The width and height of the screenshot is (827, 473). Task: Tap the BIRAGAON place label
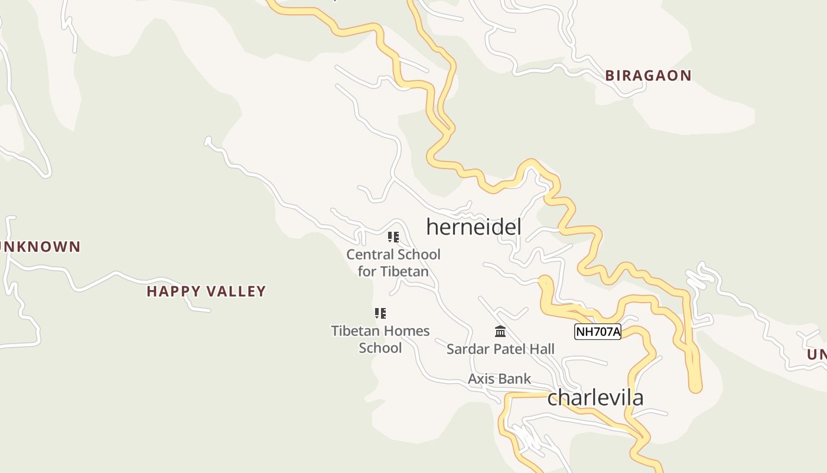[x=648, y=76]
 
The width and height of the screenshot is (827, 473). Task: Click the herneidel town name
[x=474, y=227]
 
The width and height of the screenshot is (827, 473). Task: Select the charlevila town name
[x=595, y=397]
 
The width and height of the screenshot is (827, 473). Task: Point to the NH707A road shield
[x=598, y=332]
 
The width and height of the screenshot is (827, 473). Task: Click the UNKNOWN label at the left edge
[x=40, y=247]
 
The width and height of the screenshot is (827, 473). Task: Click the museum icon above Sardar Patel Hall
[x=500, y=331]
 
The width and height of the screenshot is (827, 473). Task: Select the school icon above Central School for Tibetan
[x=393, y=237]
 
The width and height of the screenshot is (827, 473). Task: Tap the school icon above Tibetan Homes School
[x=380, y=313]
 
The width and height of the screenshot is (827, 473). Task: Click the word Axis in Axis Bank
[x=480, y=379]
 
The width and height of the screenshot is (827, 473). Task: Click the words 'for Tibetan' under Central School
[x=393, y=272]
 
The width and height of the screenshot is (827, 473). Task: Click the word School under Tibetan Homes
[x=380, y=348]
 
